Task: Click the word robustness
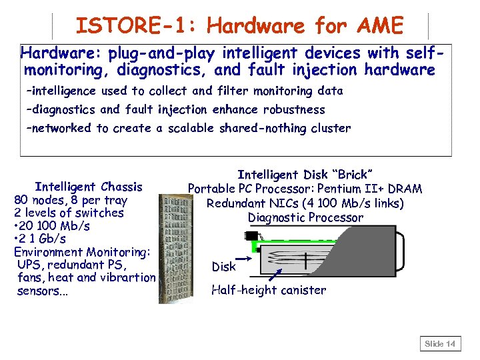coord(294,109)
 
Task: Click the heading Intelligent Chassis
coord(89,187)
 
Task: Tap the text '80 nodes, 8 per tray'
coord(71,200)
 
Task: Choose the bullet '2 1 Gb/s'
coord(48,239)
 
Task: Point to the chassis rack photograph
coord(173,247)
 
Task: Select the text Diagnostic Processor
coord(305,217)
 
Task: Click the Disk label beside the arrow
coord(223,267)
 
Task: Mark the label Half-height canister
coord(269,290)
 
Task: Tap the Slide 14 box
coord(440,344)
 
